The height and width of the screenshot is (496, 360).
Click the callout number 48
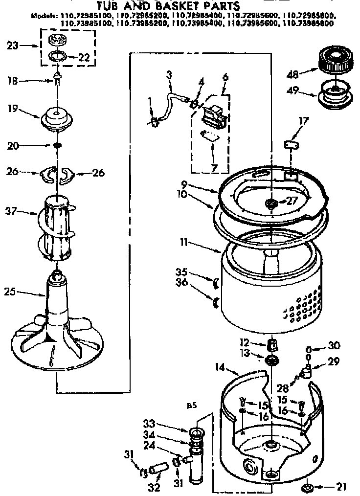pos(292,74)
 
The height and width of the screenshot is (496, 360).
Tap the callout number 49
pos(292,92)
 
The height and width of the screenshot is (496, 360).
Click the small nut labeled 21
pos(308,487)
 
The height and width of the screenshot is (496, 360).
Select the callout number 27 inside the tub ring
pos(293,200)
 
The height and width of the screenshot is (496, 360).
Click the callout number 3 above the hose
pos(169,75)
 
